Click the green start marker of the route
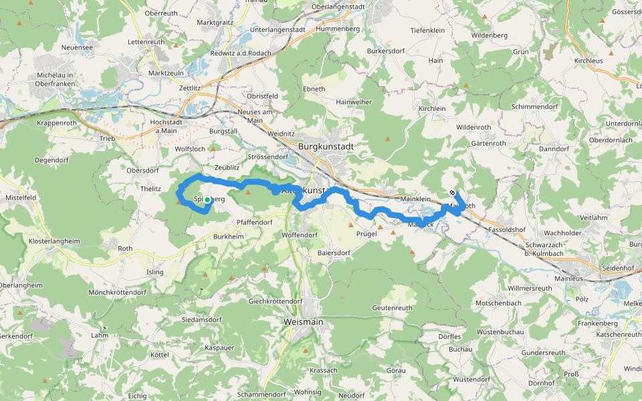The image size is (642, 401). coord(207,200)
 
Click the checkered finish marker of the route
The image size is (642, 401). coord(453,193)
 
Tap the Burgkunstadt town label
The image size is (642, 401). coord(326,146)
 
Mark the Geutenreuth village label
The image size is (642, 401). coord(393,307)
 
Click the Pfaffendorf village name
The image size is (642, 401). coord(255,222)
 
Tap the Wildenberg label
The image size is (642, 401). coord(490,35)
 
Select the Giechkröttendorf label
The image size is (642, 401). coord(276,301)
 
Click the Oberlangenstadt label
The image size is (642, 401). coord(346,8)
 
